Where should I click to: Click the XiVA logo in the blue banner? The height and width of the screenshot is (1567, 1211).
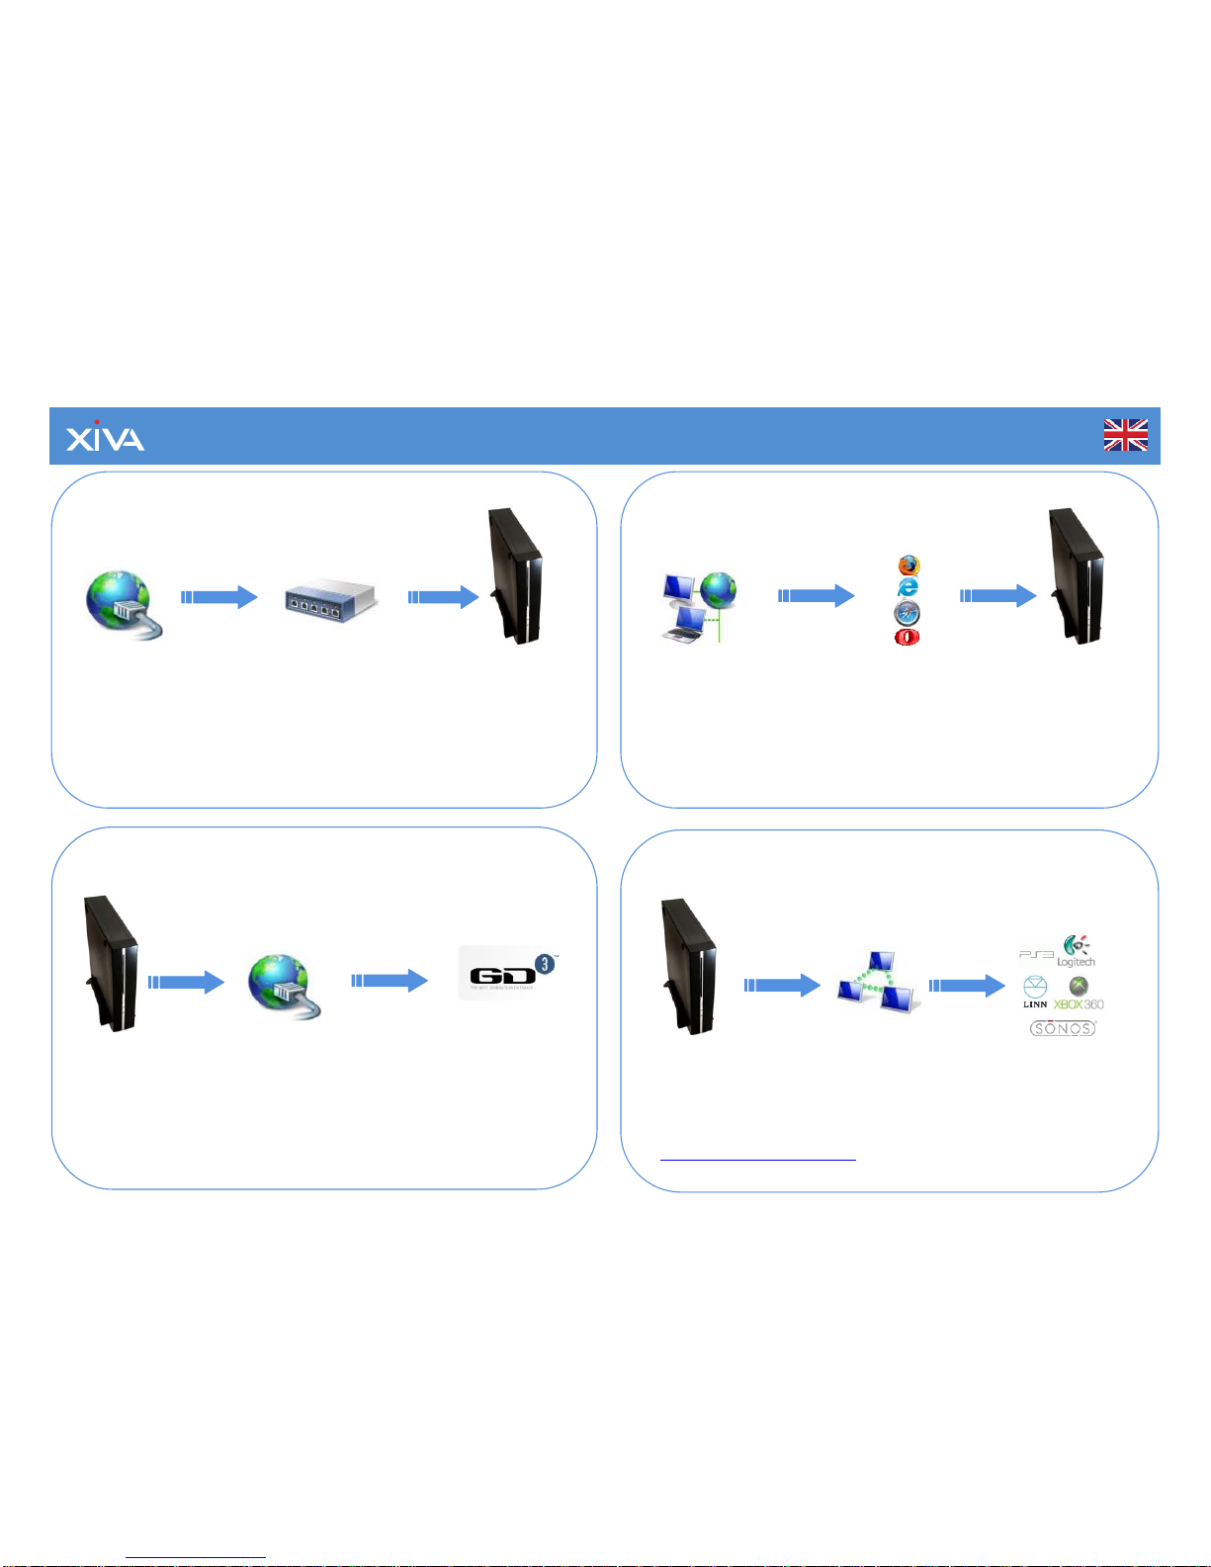(105, 436)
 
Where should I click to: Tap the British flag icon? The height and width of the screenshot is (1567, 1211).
(1125, 435)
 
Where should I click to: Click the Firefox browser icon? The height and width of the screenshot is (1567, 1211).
(908, 566)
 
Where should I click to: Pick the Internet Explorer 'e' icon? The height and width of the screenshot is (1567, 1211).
(908, 588)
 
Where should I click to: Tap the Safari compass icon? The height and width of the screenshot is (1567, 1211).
(908, 613)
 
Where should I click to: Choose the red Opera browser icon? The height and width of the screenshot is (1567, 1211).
(907, 638)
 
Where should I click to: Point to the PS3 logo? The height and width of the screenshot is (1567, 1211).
(1035, 954)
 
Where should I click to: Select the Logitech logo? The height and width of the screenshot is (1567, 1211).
(1076, 951)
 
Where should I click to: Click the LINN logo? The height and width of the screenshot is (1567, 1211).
(1035, 992)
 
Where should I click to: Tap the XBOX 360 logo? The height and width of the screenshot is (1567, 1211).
(1079, 994)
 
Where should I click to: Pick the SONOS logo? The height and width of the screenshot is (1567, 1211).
(1063, 1028)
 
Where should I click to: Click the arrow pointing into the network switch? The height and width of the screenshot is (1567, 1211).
(219, 597)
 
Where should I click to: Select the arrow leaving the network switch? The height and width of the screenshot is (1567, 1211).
(443, 597)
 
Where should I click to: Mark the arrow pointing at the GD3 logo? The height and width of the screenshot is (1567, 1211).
(389, 981)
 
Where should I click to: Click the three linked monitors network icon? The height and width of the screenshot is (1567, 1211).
(876, 982)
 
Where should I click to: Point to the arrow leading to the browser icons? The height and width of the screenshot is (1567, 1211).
(817, 595)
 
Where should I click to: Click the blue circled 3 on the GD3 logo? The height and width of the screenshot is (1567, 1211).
(544, 963)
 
